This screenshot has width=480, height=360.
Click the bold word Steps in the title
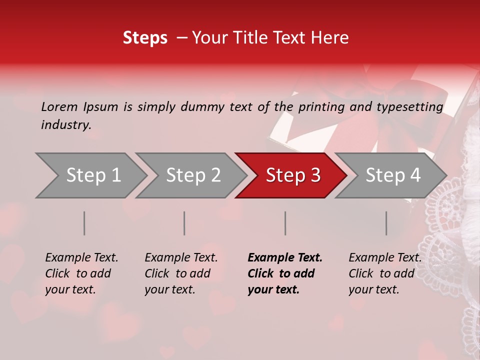click(x=145, y=38)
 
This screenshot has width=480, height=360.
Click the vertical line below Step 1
click(x=84, y=223)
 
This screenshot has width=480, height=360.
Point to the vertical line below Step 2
click(x=184, y=223)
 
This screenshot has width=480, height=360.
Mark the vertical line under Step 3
click(x=285, y=223)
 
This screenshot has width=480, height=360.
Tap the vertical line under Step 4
click(x=386, y=223)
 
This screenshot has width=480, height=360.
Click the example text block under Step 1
click(x=81, y=273)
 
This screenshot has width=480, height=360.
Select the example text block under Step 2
click(x=181, y=273)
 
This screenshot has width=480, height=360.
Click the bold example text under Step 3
click(x=285, y=273)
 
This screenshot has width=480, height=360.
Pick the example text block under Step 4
click(x=385, y=273)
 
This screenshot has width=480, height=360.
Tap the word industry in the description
click(x=66, y=125)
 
